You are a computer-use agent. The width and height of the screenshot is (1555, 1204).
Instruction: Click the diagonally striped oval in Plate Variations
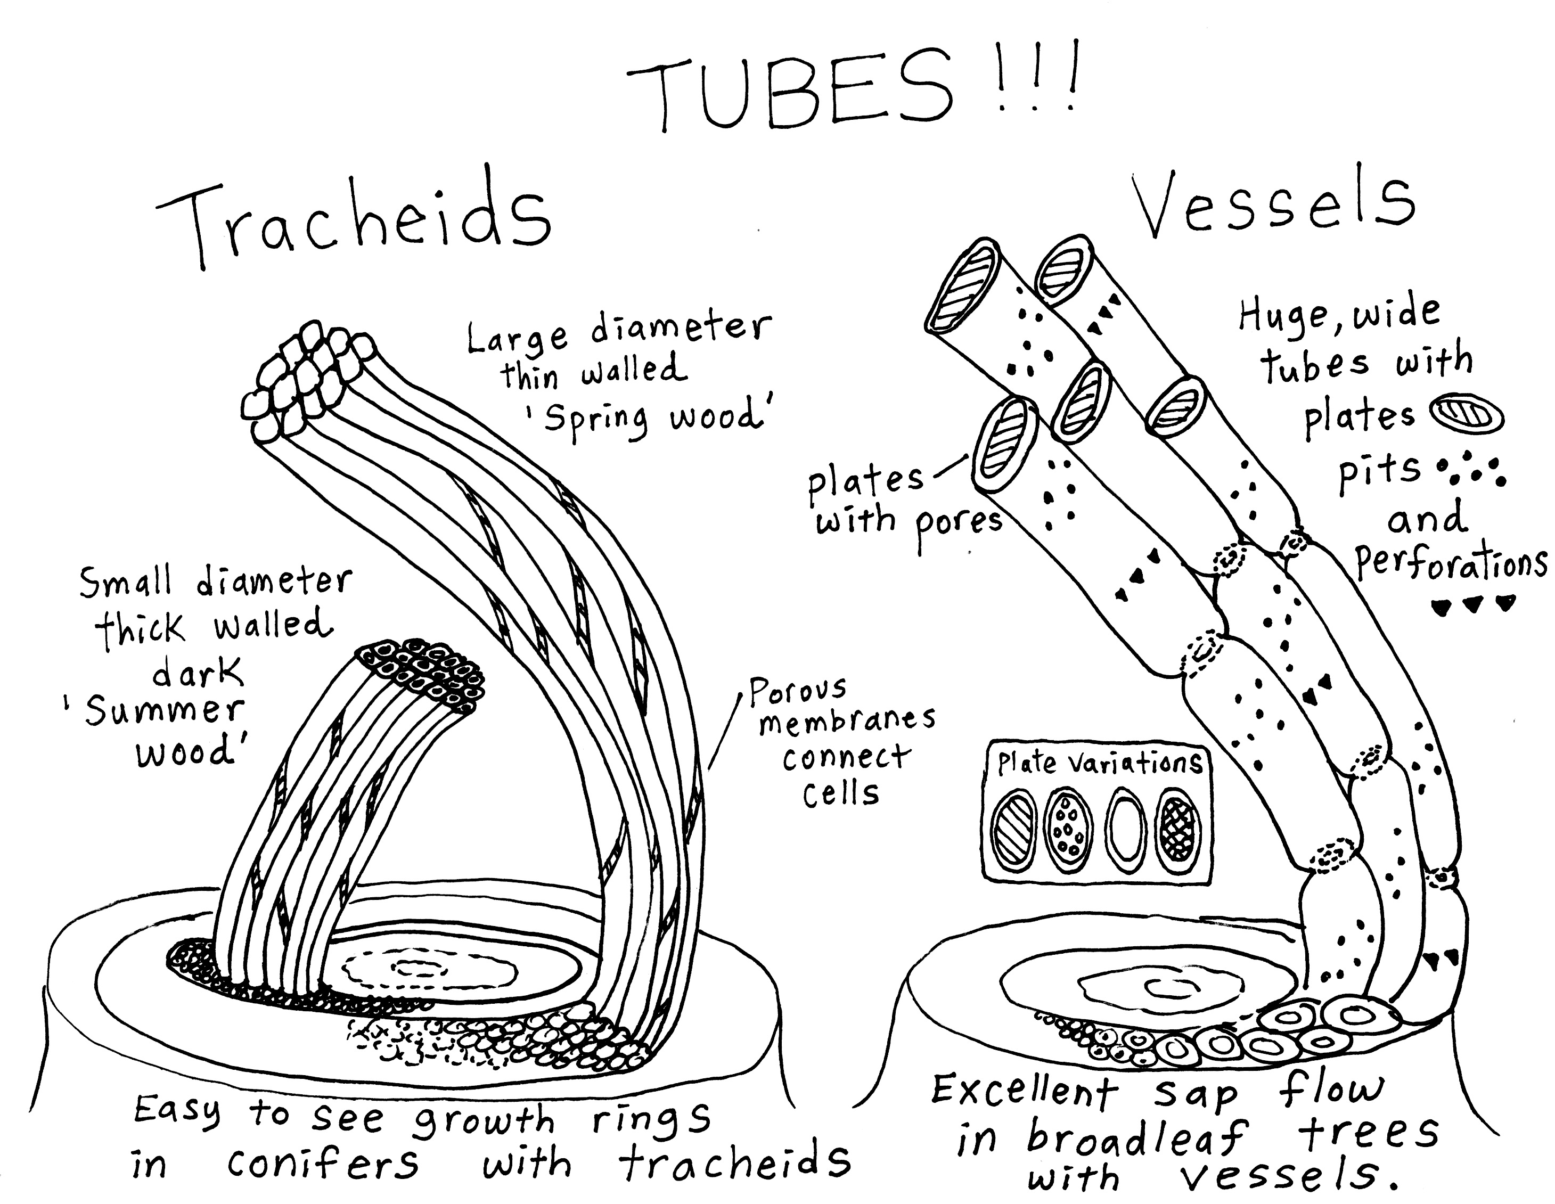click(x=1014, y=831)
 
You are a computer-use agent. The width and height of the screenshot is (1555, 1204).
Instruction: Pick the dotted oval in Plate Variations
click(x=1069, y=831)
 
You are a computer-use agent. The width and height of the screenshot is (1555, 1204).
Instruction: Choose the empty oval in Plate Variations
click(x=1125, y=831)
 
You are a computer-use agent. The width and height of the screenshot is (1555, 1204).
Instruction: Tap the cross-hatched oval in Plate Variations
click(x=1177, y=831)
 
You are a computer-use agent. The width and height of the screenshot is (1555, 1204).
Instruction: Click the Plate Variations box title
click(x=1099, y=763)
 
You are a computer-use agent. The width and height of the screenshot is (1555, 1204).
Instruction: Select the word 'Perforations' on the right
click(x=1452, y=564)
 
